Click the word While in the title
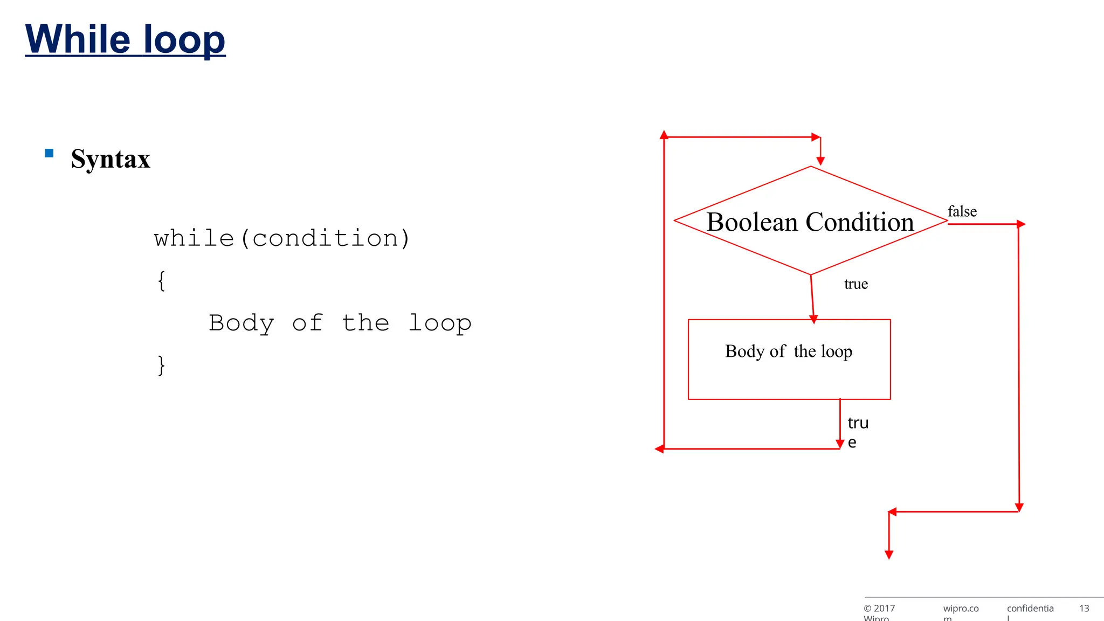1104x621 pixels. (78, 39)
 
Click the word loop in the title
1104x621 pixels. (184, 40)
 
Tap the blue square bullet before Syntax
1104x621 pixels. (49, 153)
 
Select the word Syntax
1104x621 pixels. (111, 159)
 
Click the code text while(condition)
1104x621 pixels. (282, 238)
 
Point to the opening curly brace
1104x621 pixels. (161, 281)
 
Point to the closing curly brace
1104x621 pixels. (161, 365)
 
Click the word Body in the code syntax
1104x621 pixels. (241, 323)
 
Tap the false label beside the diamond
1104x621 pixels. (962, 211)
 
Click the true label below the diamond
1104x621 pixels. (855, 284)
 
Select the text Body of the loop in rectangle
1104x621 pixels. (789, 351)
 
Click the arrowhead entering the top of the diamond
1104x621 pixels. (820, 161)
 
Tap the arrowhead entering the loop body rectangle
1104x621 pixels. (814, 320)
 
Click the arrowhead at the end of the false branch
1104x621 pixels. (1020, 224)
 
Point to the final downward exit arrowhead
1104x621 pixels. (889, 555)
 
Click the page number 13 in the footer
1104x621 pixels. (1084, 609)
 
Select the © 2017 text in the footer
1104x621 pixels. (879, 609)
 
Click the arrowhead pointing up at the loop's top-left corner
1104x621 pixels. (664, 135)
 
